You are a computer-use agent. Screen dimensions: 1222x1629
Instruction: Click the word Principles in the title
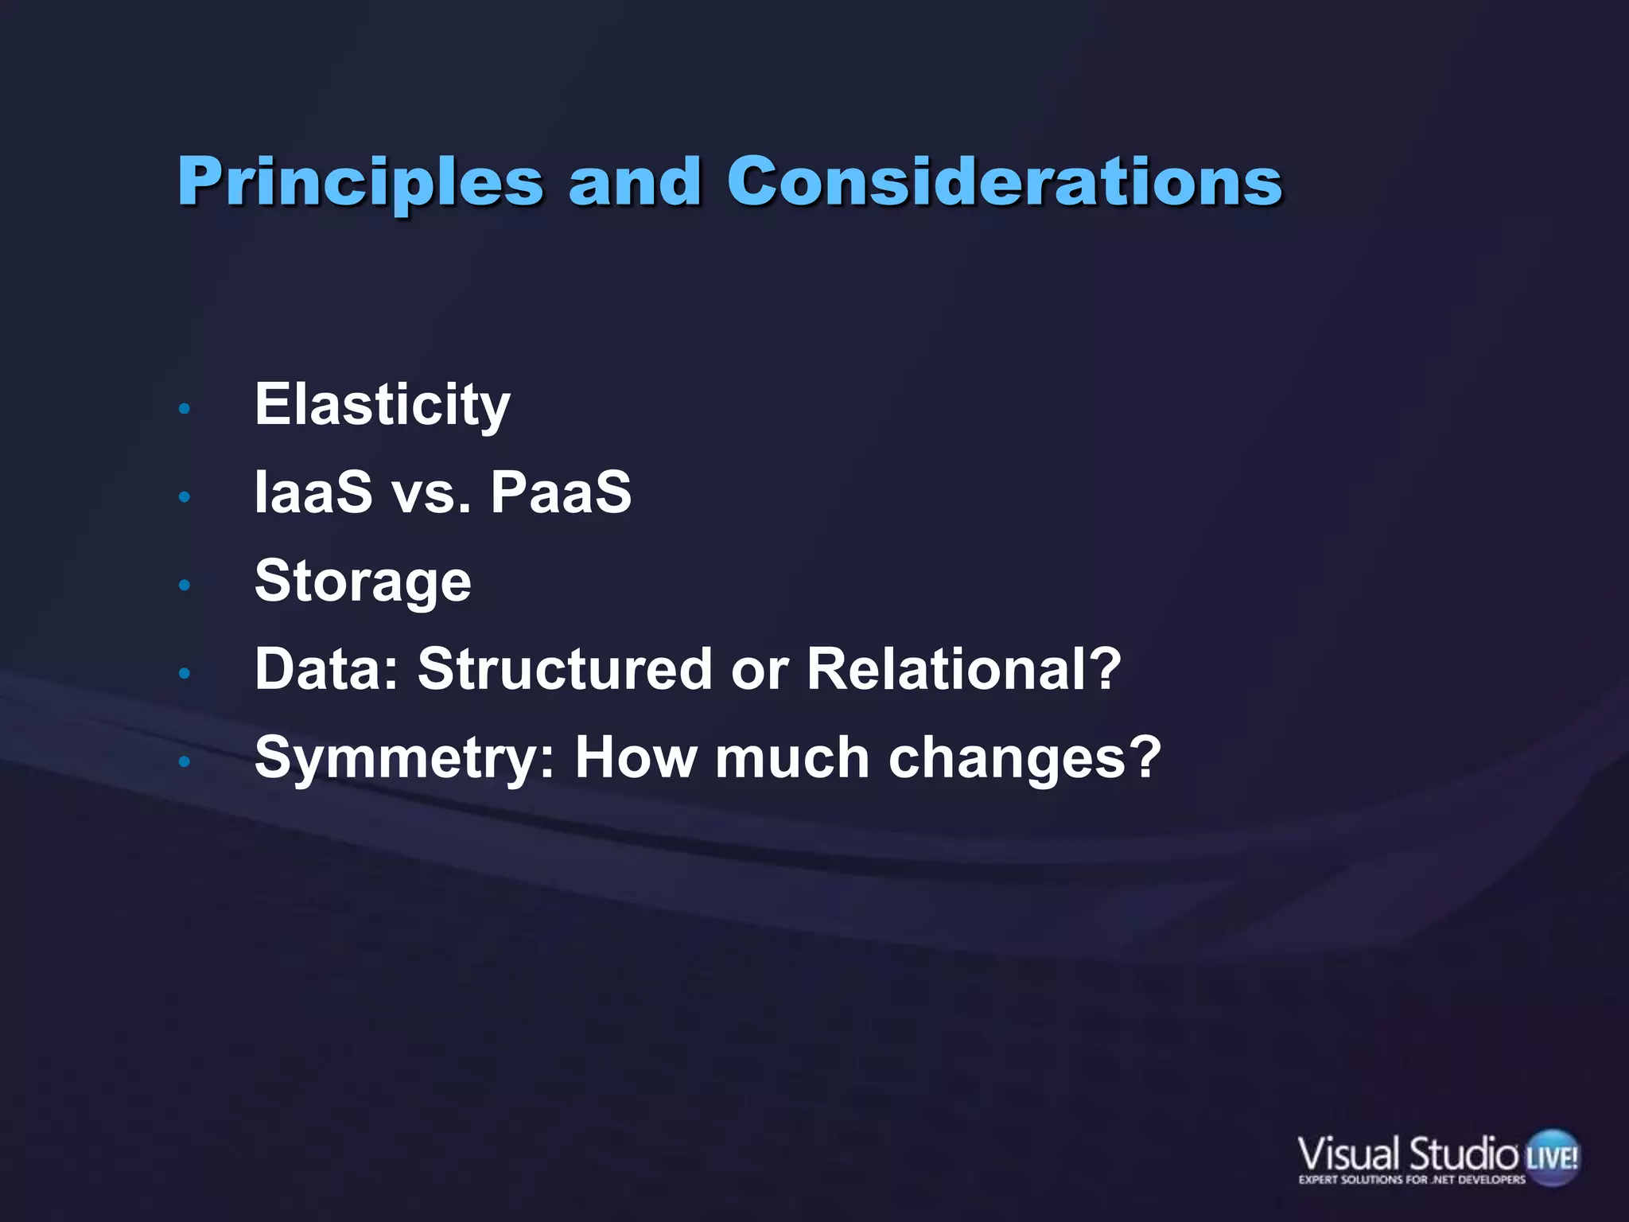(360, 183)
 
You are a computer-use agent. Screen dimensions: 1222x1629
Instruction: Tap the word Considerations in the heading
(1004, 181)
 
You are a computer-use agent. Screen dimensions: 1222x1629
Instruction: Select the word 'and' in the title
(634, 181)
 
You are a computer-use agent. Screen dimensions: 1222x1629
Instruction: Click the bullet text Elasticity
(382, 406)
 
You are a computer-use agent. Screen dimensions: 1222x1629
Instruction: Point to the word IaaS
(313, 492)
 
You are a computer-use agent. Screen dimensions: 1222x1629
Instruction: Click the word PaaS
(561, 492)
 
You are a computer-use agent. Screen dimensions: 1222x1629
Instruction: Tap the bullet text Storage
(363, 582)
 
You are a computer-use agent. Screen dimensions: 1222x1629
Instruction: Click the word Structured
(564, 669)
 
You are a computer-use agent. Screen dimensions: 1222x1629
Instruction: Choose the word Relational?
(963, 669)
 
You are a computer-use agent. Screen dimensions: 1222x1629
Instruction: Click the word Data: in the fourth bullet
(326, 669)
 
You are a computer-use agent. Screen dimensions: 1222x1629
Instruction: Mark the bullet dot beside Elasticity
(185, 409)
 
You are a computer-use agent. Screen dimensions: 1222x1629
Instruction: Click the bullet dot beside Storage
(185, 586)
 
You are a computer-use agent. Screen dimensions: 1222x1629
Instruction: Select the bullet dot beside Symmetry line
(185, 762)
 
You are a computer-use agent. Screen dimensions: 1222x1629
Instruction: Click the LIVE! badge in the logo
(1552, 1156)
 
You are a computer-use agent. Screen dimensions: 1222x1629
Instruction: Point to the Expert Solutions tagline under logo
(1412, 1180)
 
